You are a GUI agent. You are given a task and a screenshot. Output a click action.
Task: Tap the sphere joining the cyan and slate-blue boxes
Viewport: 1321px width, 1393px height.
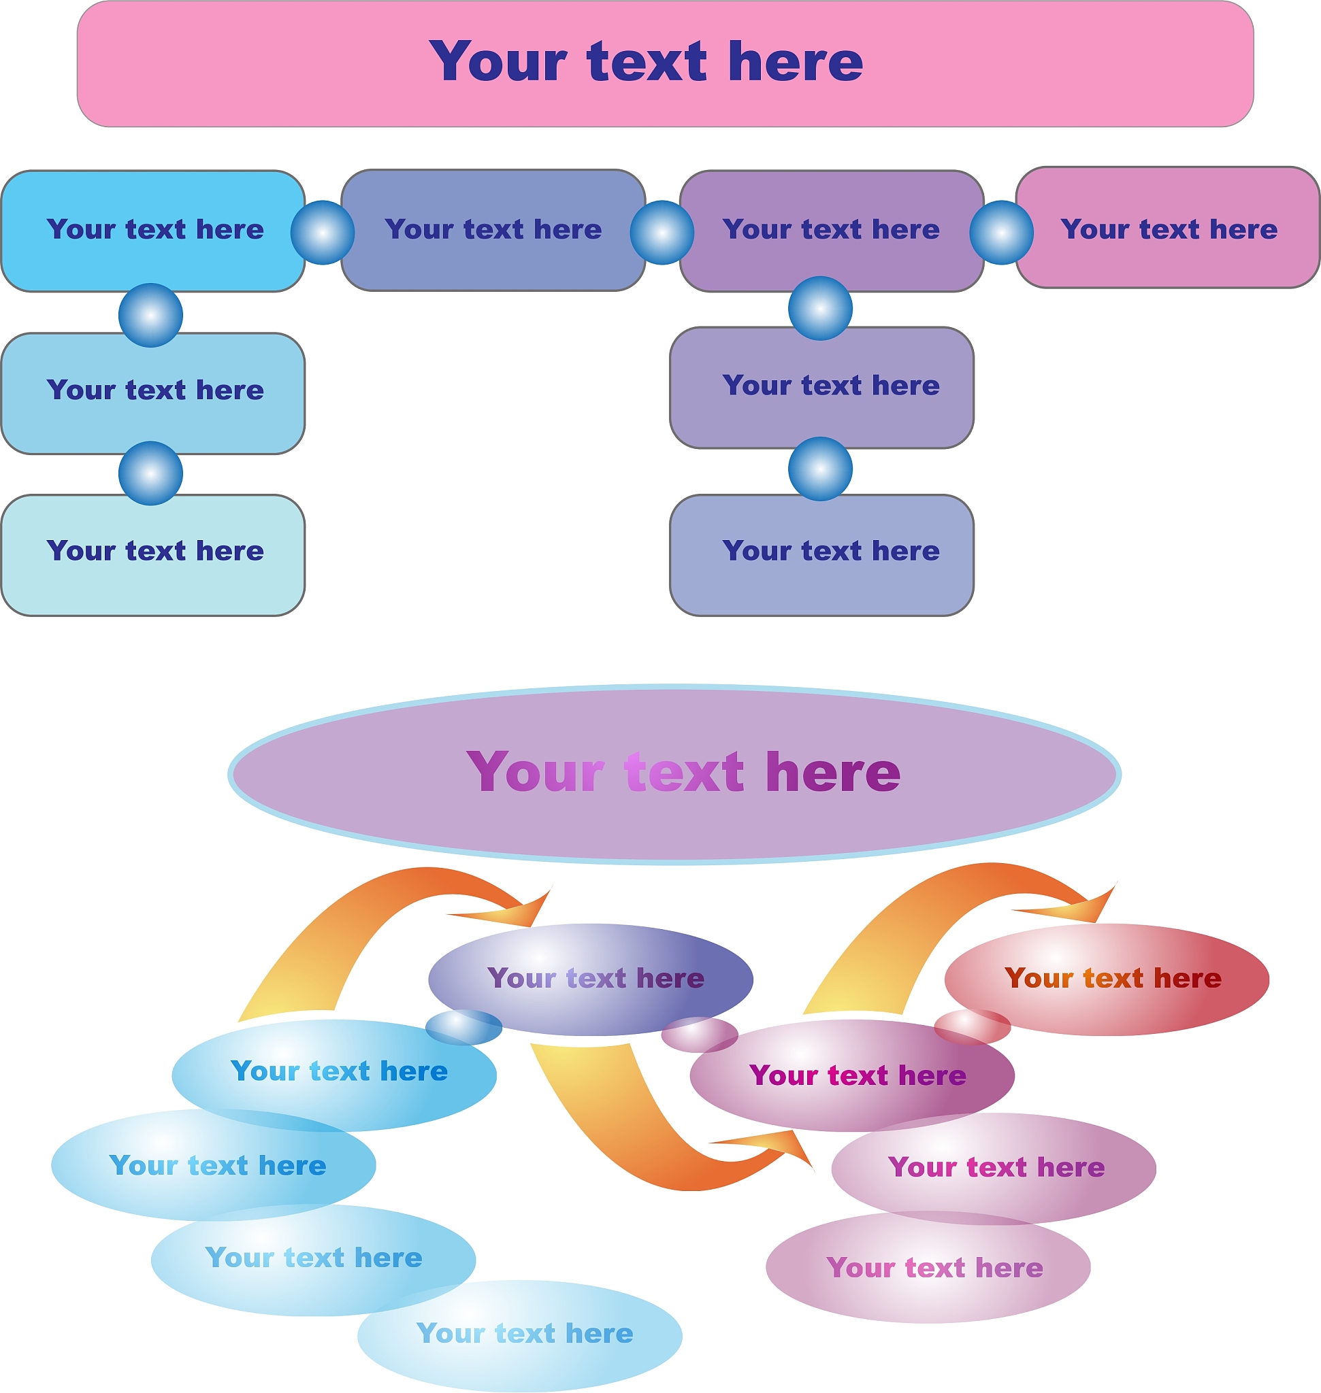(x=323, y=233)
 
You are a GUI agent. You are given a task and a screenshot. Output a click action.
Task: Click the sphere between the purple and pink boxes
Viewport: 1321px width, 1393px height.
(x=1001, y=233)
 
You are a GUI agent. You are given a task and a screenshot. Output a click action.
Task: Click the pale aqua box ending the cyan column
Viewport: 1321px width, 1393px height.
(x=153, y=584)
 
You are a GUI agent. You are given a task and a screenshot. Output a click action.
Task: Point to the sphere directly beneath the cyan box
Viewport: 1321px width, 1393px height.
(x=150, y=316)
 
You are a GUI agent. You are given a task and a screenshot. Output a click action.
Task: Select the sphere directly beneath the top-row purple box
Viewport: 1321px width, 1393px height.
(x=820, y=308)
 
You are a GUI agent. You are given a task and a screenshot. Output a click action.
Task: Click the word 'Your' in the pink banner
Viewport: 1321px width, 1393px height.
(x=498, y=61)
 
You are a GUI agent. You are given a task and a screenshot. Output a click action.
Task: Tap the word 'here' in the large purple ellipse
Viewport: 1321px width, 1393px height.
(x=833, y=772)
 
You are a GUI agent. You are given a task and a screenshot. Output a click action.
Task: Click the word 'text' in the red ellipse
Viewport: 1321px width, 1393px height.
(x=1113, y=978)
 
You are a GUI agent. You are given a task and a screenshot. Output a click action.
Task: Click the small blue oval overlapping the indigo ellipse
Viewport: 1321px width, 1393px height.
(x=463, y=1028)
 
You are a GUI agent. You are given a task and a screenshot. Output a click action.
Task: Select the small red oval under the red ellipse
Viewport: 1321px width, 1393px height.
(x=972, y=1027)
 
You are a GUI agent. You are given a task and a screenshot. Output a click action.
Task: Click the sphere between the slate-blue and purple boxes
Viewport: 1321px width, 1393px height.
(x=662, y=233)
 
